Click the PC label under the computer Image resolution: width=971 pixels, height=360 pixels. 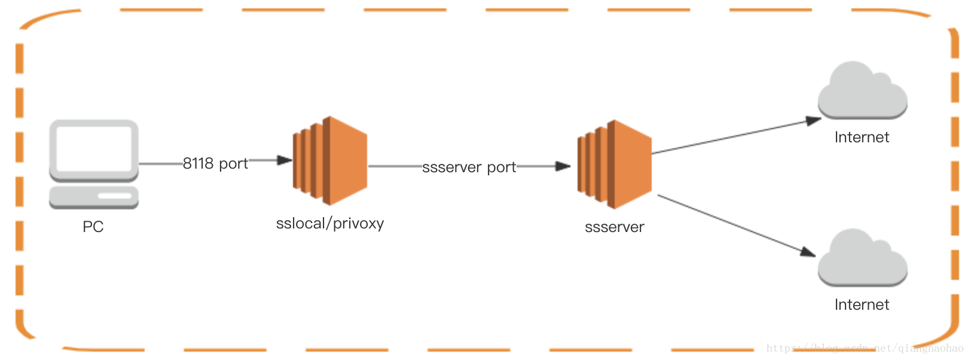[93, 227]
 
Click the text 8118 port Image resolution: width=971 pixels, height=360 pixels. [215, 163]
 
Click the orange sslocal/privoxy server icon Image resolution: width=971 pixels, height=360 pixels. [329, 161]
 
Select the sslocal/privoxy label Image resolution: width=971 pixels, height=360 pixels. [330, 224]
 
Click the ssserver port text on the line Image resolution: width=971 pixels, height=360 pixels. [469, 167]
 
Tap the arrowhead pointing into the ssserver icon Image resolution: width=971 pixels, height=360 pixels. [563, 166]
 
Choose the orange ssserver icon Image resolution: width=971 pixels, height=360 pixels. [614, 164]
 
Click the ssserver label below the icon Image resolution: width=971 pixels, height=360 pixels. [614, 227]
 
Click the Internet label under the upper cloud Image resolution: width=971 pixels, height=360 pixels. [862, 138]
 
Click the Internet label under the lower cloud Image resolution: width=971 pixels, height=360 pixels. [862, 305]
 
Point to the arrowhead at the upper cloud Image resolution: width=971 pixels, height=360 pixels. [814, 121]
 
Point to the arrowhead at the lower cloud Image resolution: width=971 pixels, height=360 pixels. [808, 252]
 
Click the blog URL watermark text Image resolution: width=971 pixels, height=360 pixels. [865, 348]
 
